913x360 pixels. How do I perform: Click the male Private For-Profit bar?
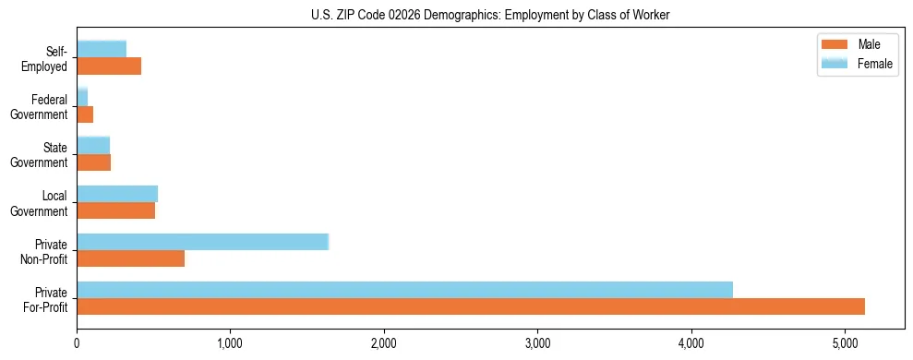[471, 306]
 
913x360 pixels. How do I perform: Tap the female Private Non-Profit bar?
[202, 242]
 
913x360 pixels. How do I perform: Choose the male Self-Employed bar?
[109, 66]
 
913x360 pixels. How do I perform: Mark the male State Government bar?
[93, 162]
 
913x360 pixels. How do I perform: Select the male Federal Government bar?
[85, 114]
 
